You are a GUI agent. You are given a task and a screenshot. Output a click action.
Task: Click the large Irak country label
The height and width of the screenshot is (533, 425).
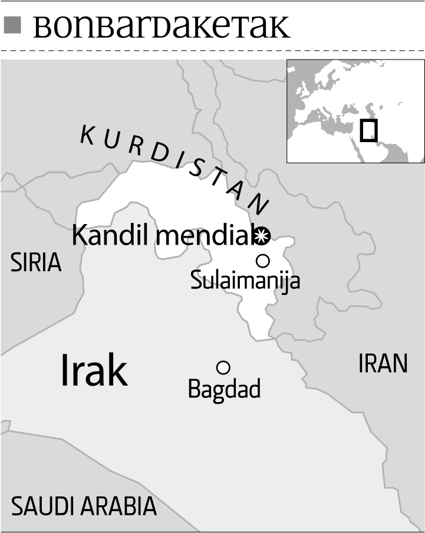click(94, 371)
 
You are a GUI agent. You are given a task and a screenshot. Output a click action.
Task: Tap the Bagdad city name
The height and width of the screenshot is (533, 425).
click(224, 389)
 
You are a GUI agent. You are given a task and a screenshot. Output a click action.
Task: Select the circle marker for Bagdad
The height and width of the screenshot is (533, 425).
click(223, 367)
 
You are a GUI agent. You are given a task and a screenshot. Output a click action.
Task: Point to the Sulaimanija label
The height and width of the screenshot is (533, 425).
click(245, 280)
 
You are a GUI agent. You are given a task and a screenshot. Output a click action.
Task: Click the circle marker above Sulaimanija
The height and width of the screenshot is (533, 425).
click(262, 261)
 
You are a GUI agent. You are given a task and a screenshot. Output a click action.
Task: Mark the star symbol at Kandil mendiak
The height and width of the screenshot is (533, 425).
click(262, 236)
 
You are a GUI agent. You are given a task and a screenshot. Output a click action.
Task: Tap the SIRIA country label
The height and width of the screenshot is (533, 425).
click(36, 263)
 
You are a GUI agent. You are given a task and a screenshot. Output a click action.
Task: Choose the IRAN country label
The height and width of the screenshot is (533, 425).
click(383, 364)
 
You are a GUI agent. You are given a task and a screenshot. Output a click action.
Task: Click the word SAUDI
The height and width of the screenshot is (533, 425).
click(43, 506)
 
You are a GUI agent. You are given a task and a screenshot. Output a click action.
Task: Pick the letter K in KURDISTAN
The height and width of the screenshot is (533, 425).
click(87, 135)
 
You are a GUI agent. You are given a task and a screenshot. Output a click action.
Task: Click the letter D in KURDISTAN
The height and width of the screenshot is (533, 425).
click(157, 153)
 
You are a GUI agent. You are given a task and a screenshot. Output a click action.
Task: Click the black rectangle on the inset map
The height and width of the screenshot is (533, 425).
click(368, 130)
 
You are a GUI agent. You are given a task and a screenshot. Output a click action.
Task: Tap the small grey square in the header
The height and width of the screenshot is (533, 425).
click(12, 25)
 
